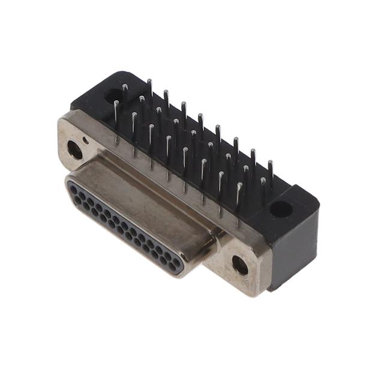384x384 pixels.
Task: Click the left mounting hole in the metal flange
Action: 74,149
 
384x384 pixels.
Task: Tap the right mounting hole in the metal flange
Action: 239,265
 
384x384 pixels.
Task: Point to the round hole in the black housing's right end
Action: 280,209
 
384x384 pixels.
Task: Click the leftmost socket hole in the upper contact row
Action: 74,190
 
